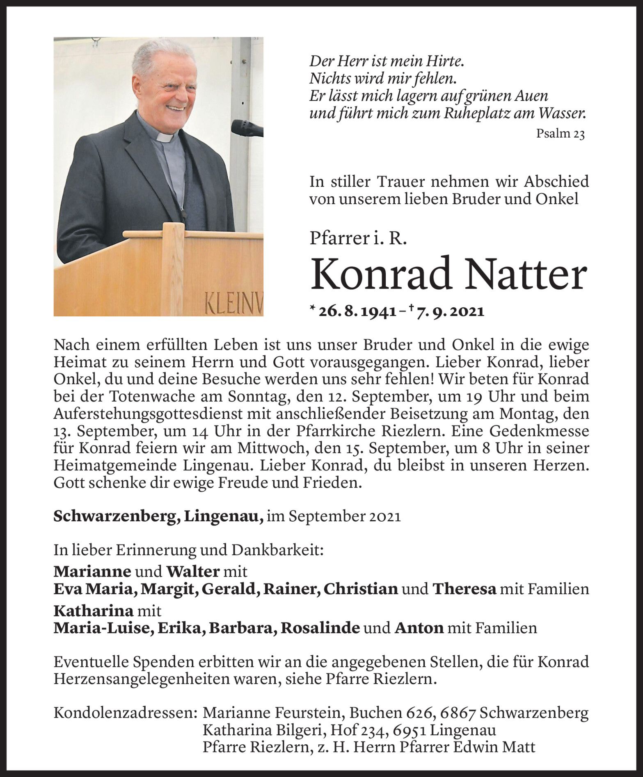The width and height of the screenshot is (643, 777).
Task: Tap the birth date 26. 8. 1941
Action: [357, 312]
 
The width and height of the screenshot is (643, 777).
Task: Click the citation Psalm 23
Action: [560, 134]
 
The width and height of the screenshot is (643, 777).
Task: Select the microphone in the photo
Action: [246, 127]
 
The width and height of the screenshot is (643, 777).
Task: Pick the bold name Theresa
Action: [465, 589]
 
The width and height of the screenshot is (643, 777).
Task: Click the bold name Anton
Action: [419, 628]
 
